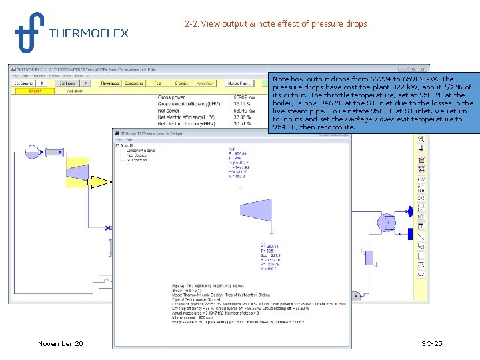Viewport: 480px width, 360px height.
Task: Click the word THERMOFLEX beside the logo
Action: pos(89,33)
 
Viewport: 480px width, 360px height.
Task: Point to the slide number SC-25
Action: pos(431,343)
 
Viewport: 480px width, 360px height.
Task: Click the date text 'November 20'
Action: pos(61,343)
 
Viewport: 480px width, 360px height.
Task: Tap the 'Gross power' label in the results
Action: pos(173,97)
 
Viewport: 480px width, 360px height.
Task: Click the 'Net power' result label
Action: pos(171,110)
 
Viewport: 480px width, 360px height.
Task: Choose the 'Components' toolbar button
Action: pos(134,83)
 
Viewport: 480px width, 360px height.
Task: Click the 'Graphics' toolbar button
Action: pos(181,83)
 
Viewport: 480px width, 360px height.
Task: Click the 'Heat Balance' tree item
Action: pos(137,155)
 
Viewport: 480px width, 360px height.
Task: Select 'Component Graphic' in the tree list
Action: pos(141,151)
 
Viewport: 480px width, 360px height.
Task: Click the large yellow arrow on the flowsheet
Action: pos(101,181)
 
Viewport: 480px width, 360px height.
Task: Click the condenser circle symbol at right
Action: pos(387,222)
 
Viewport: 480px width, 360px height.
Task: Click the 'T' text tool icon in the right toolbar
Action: pos(421,226)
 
